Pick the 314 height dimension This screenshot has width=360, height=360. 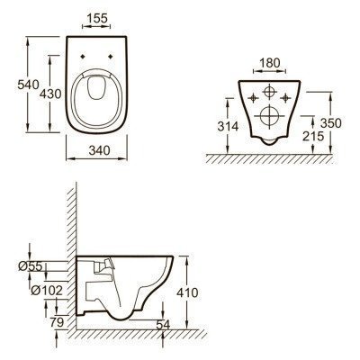[x=229, y=127]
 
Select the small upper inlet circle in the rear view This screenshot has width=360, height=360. [x=268, y=93]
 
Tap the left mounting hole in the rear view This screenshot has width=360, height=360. [x=252, y=93]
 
